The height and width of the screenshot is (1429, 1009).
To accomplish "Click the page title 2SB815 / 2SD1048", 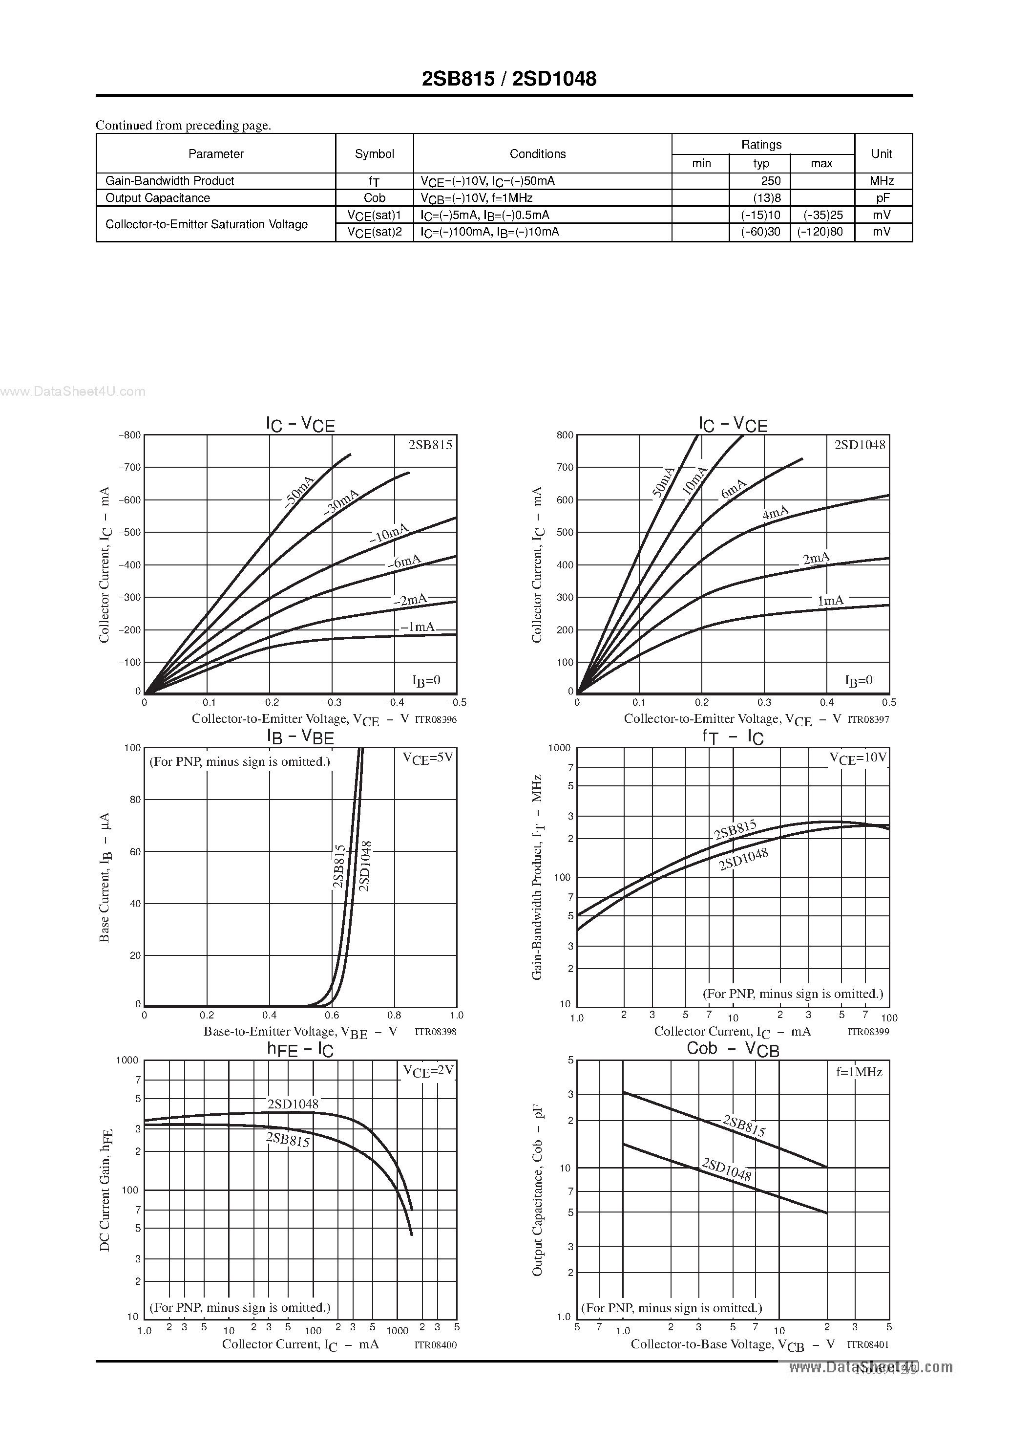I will click(x=509, y=79).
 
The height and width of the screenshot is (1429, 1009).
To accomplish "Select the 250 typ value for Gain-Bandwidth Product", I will click(x=770, y=180).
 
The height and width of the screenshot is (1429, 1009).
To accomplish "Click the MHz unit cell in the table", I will click(x=882, y=180).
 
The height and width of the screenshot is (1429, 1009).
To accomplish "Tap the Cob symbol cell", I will click(x=375, y=198).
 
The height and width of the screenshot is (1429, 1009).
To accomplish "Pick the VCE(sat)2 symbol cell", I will click(x=375, y=232).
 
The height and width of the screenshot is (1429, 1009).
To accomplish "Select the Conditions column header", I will click(x=538, y=154).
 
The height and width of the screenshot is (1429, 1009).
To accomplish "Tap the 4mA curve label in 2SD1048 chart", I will click(x=775, y=514).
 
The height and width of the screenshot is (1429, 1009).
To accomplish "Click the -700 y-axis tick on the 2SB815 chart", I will click(x=130, y=467).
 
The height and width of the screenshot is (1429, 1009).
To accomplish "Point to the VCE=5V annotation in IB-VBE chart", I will click(x=428, y=758).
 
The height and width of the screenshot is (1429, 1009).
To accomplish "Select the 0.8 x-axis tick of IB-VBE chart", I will click(x=395, y=1015).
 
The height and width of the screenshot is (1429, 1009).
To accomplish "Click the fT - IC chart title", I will click(x=733, y=737).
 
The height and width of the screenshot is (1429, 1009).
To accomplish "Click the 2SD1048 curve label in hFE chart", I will click(x=293, y=1104).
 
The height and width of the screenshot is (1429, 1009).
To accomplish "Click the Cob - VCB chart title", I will click(x=733, y=1049).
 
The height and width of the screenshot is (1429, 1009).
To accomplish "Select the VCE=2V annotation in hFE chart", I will click(x=428, y=1071).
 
